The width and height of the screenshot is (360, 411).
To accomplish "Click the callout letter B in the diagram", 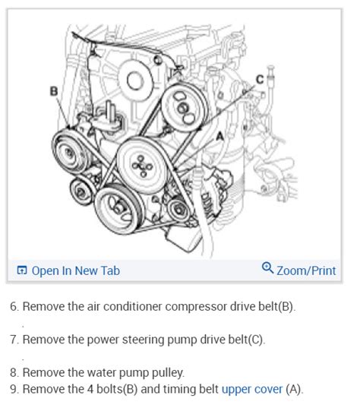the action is (x=54, y=91).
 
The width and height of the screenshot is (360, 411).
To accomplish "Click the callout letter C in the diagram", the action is (x=260, y=79).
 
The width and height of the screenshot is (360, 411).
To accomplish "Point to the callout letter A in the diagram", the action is (x=219, y=136).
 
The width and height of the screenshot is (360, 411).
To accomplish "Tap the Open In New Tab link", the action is (x=76, y=270).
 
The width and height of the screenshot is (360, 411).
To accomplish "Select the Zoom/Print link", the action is (x=306, y=270).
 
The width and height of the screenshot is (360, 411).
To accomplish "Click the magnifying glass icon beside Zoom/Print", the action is (x=267, y=267).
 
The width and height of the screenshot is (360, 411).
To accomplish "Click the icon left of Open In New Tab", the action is (x=22, y=270).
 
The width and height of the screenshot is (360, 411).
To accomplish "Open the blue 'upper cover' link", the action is (x=252, y=389).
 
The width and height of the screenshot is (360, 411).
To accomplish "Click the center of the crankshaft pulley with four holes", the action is (x=142, y=166).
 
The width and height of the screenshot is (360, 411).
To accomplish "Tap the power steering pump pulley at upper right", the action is (x=185, y=107).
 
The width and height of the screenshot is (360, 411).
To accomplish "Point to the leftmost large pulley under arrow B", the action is (x=70, y=152).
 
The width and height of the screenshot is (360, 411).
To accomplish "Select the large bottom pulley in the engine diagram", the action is (x=119, y=209).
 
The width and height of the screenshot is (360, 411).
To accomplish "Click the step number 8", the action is (x=14, y=373).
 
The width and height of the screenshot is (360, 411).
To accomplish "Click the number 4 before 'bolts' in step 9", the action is (x=90, y=389).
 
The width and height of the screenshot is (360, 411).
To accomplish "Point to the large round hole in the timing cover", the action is (x=136, y=80).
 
